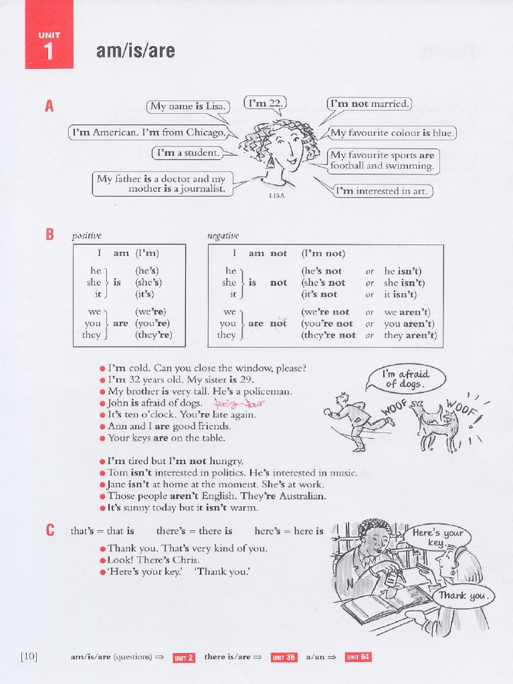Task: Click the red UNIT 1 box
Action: [x=49, y=45]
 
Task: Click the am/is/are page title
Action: [x=136, y=50]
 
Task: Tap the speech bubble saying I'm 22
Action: [x=265, y=103]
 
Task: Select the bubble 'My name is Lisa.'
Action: [x=188, y=106]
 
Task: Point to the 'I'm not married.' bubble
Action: [x=369, y=104]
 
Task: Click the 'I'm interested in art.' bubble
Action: [x=383, y=191]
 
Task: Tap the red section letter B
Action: [x=49, y=234]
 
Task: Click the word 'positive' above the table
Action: [x=87, y=236]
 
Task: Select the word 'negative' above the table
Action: [x=223, y=236]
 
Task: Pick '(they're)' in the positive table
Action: [x=154, y=335]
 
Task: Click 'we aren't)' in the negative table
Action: [x=407, y=312]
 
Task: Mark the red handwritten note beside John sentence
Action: [x=229, y=403]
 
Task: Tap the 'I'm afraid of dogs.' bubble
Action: [x=405, y=379]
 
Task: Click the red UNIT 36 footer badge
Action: [x=283, y=657]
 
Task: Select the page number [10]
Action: [x=29, y=657]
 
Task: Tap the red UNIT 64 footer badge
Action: [x=358, y=657]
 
